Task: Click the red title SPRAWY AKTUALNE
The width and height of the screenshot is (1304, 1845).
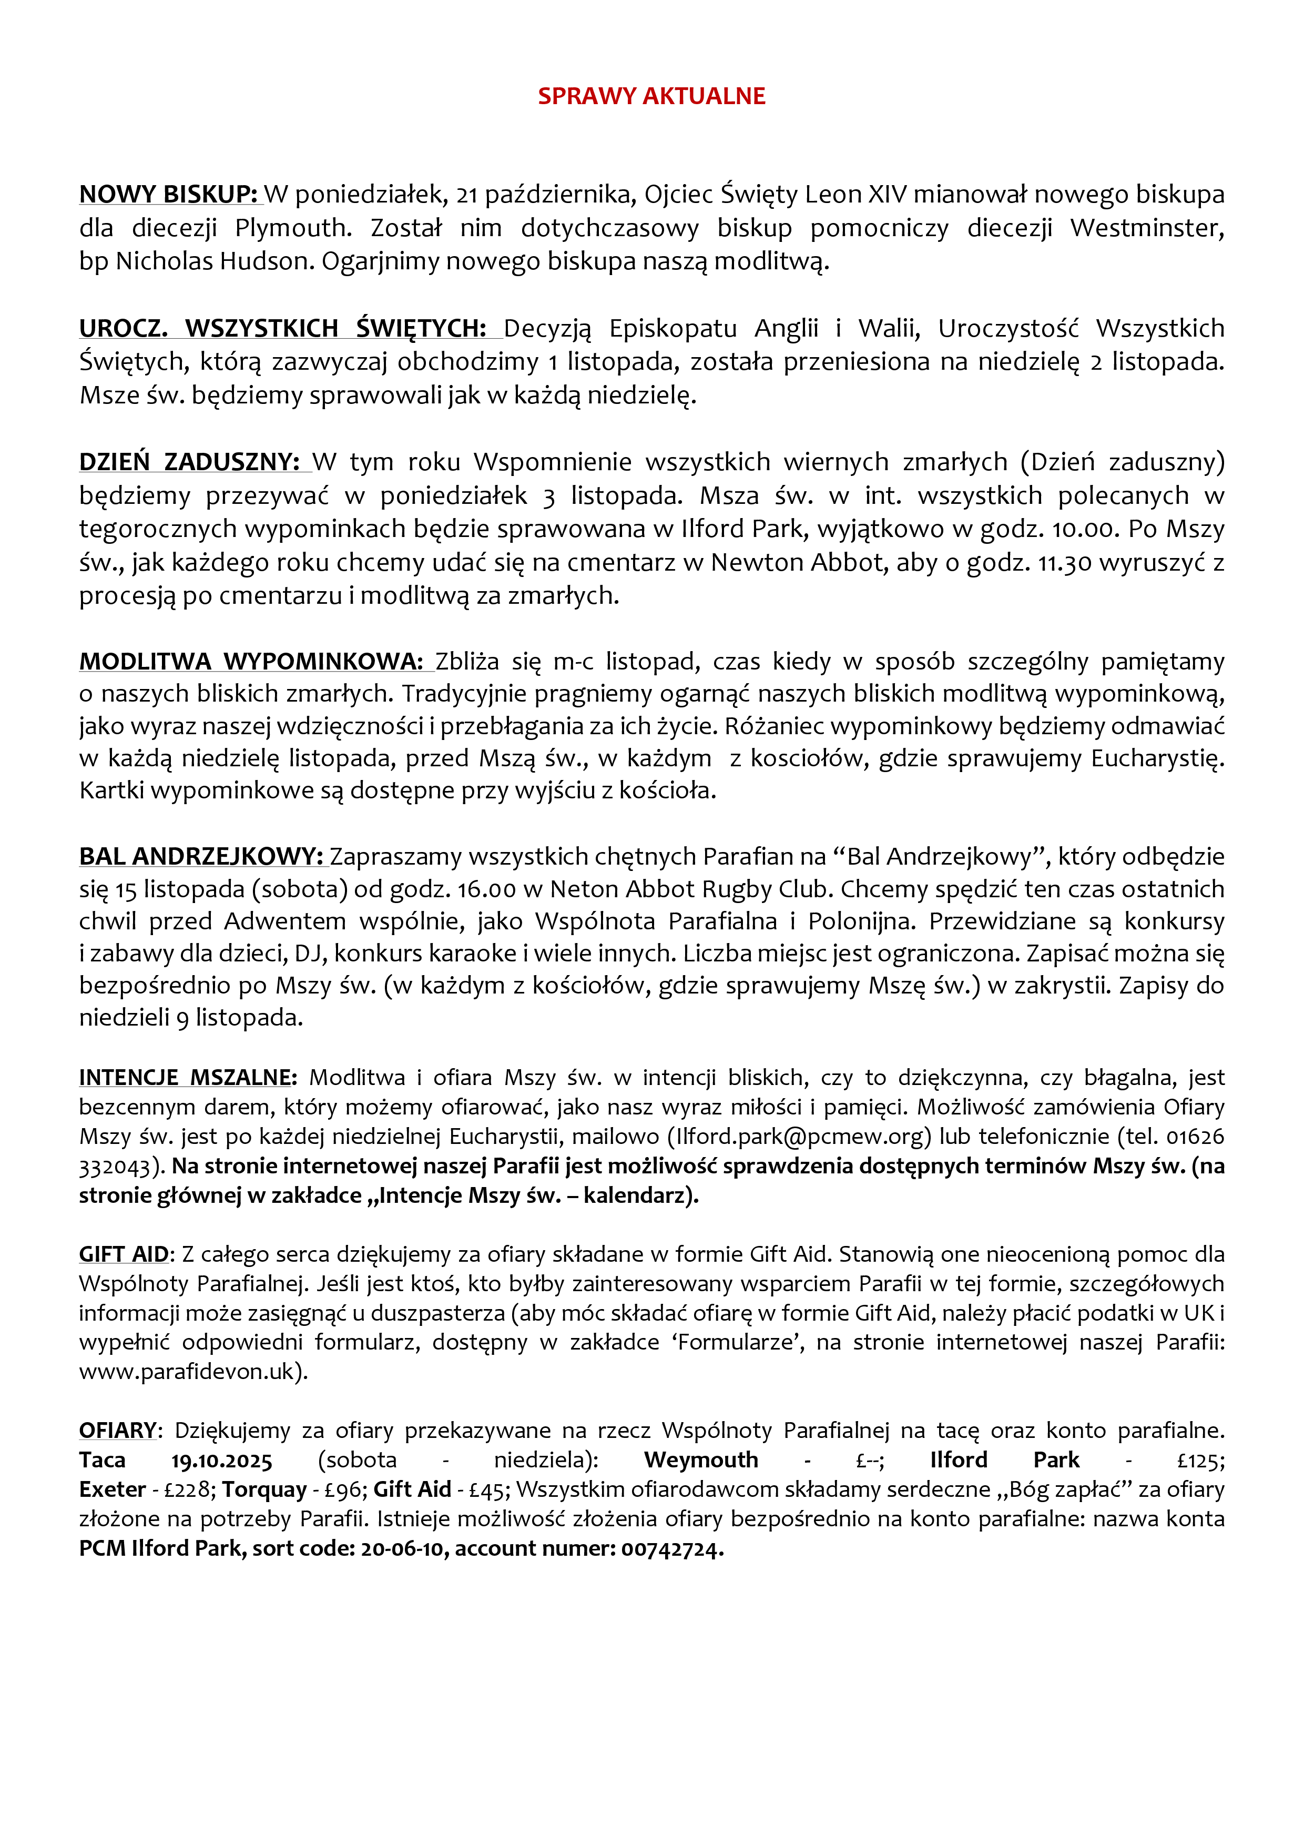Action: (651, 96)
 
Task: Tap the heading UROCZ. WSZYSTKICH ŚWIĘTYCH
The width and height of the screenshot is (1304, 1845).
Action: (283, 329)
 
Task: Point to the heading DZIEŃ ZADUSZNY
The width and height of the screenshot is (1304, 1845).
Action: (190, 462)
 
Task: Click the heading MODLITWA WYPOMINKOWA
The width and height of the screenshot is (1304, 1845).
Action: (251, 661)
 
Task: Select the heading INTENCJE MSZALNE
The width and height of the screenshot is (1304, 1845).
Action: (188, 1078)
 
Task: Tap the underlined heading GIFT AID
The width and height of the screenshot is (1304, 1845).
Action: (124, 1254)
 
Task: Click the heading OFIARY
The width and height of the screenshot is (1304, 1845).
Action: (117, 1431)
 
